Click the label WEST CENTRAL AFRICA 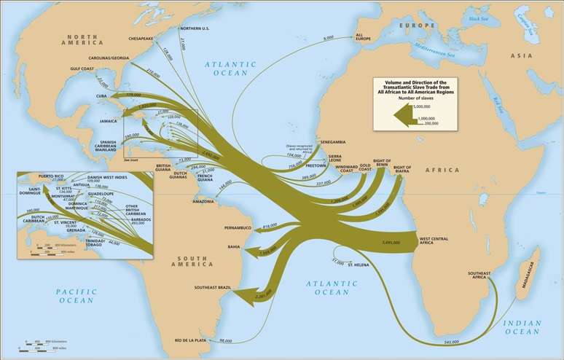click(433, 240)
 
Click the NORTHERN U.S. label click(194, 28)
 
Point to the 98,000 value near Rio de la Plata click(225, 340)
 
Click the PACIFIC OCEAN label click(76, 296)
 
